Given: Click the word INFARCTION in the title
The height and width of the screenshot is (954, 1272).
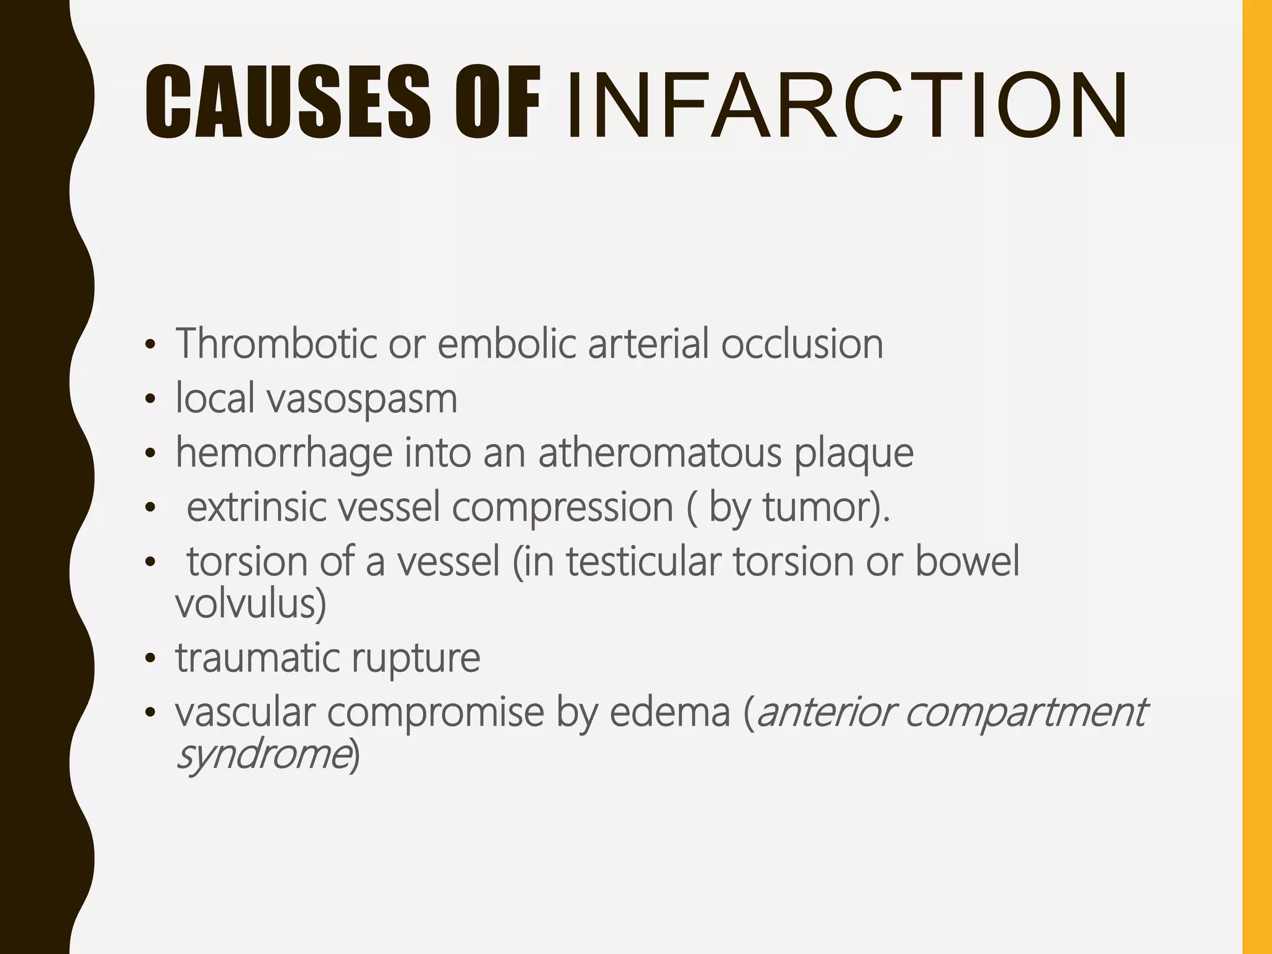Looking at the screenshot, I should [847, 103].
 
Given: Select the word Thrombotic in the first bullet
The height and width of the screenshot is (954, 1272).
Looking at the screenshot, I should [276, 343].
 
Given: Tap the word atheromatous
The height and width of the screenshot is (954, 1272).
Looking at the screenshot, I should [660, 453].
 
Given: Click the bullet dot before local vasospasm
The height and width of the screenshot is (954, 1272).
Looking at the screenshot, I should [149, 401].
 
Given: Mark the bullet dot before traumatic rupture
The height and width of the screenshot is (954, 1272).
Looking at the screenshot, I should [149, 659].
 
